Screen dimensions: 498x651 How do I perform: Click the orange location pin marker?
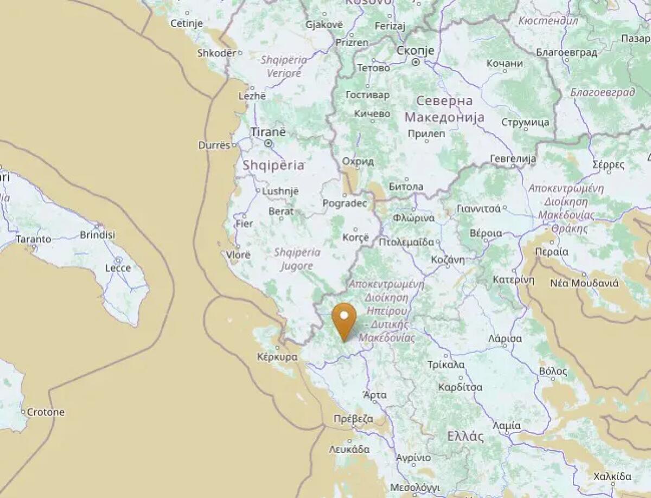pyautogui.click(x=344, y=320)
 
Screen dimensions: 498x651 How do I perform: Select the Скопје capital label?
pyautogui.click(x=416, y=50)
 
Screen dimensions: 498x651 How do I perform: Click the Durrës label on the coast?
pyautogui.click(x=214, y=145)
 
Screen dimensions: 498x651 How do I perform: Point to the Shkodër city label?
pyautogui.click(x=217, y=53)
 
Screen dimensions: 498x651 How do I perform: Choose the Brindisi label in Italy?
pyautogui.click(x=98, y=234)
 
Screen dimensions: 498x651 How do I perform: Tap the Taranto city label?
pyautogui.click(x=34, y=239)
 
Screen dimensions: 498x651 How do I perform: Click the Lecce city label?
pyautogui.click(x=118, y=268)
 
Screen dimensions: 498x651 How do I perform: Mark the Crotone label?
pyautogui.click(x=46, y=412)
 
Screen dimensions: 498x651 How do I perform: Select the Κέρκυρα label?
pyautogui.click(x=278, y=357)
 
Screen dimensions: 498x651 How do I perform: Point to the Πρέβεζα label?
pyautogui.click(x=353, y=419)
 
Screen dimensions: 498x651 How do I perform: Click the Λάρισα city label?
pyautogui.click(x=505, y=339)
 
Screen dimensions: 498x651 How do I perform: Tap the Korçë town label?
pyautogui.click(x=355, y=238)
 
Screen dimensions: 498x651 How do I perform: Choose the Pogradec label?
pyautogui.click(x=344, y=203)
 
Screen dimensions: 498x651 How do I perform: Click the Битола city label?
pyautogui.click(x=406, y=187)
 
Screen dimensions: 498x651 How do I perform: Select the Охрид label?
pyautogui.click(x=358, y=162)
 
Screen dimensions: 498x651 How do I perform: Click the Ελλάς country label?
pyautogui.click(x=465, y=436)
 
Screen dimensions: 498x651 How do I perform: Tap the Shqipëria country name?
pyautogui.click(x=273, y=165)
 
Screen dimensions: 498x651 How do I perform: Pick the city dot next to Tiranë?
pyautogui.click(x=269, y=143)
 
